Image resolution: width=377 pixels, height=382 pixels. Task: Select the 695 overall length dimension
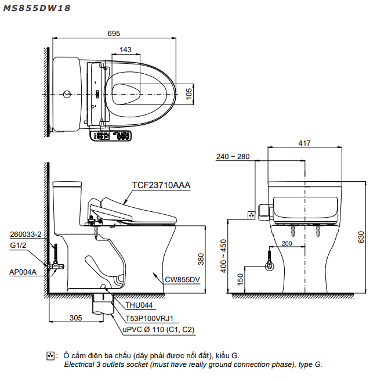coord(114,34)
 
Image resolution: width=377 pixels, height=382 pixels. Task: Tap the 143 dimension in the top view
coord(125,50)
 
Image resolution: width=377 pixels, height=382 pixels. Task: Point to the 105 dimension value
coord(189,93)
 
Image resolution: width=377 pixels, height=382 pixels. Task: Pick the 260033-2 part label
coord(26,235)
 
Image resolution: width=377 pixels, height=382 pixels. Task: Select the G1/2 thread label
coord(19,246)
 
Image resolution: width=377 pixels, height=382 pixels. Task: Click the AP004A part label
coord(23,272)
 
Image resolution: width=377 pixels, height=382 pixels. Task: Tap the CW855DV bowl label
coord(182,279)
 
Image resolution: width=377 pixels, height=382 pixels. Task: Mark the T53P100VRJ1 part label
coord(150,318)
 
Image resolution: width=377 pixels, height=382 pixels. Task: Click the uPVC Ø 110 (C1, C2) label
coord(158,329)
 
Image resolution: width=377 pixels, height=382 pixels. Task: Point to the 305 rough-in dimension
coord(75,318)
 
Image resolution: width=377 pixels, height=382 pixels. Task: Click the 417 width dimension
coord(304,143)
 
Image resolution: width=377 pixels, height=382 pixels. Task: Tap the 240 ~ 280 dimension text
coord(233,157)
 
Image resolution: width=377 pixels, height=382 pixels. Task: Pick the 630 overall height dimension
coord(361,236)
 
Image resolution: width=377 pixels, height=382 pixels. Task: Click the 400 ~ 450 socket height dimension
coord(222,256)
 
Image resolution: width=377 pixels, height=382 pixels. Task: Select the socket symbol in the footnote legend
coord(50,355)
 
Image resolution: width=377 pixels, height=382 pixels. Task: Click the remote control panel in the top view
coord(111,136)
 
